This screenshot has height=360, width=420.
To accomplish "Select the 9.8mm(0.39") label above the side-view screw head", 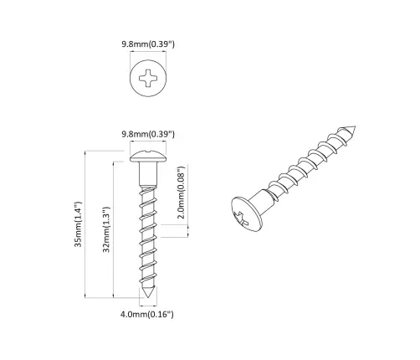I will tap(147, 133).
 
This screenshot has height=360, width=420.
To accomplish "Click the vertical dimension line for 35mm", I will tap(88, 224).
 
